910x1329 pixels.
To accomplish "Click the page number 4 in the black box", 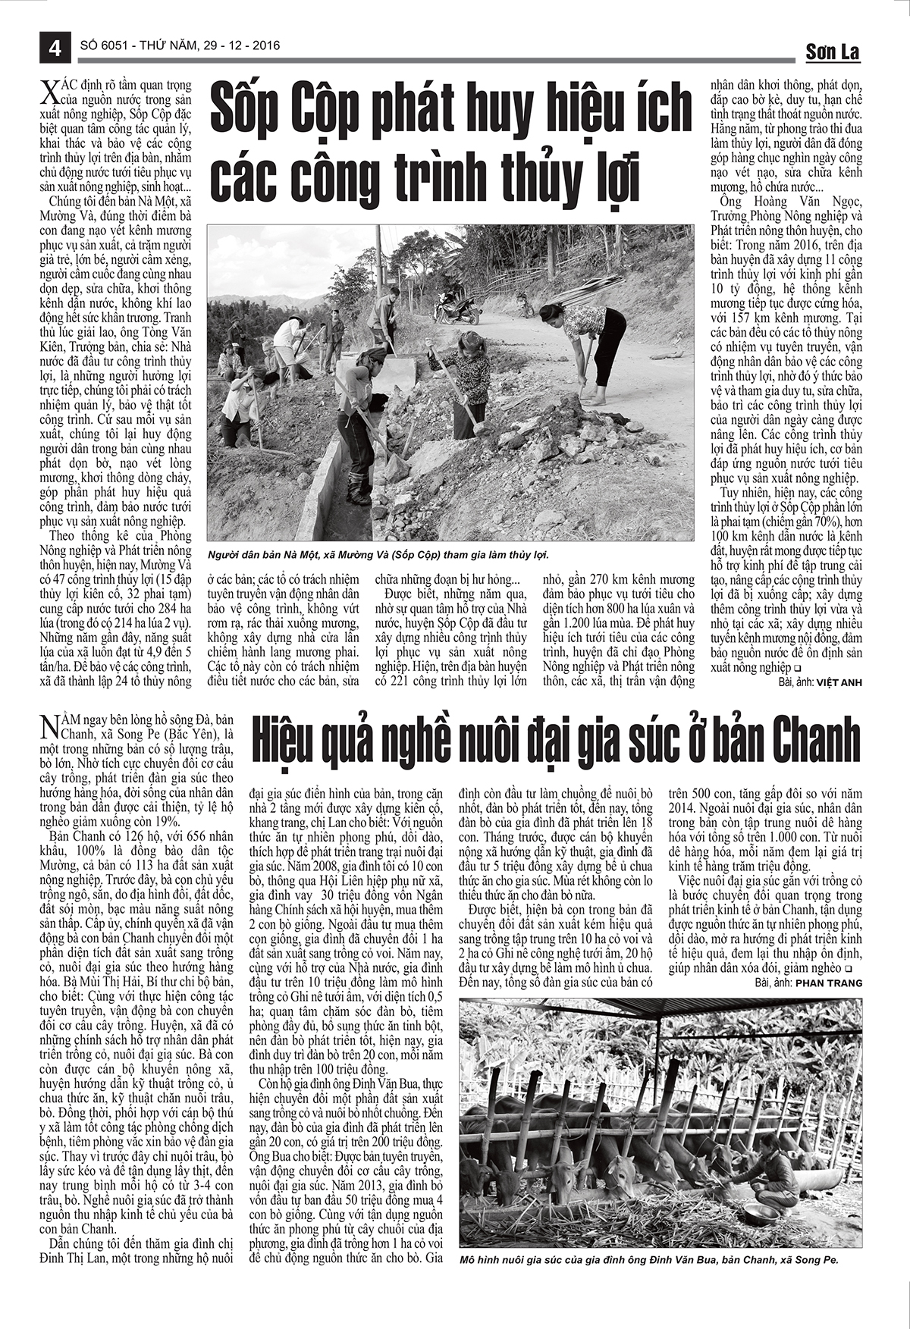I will [x=55, y=46].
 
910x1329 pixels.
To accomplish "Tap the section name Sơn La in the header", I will [x=832, y=52].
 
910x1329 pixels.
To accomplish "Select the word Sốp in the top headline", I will [x=248, y=109].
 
